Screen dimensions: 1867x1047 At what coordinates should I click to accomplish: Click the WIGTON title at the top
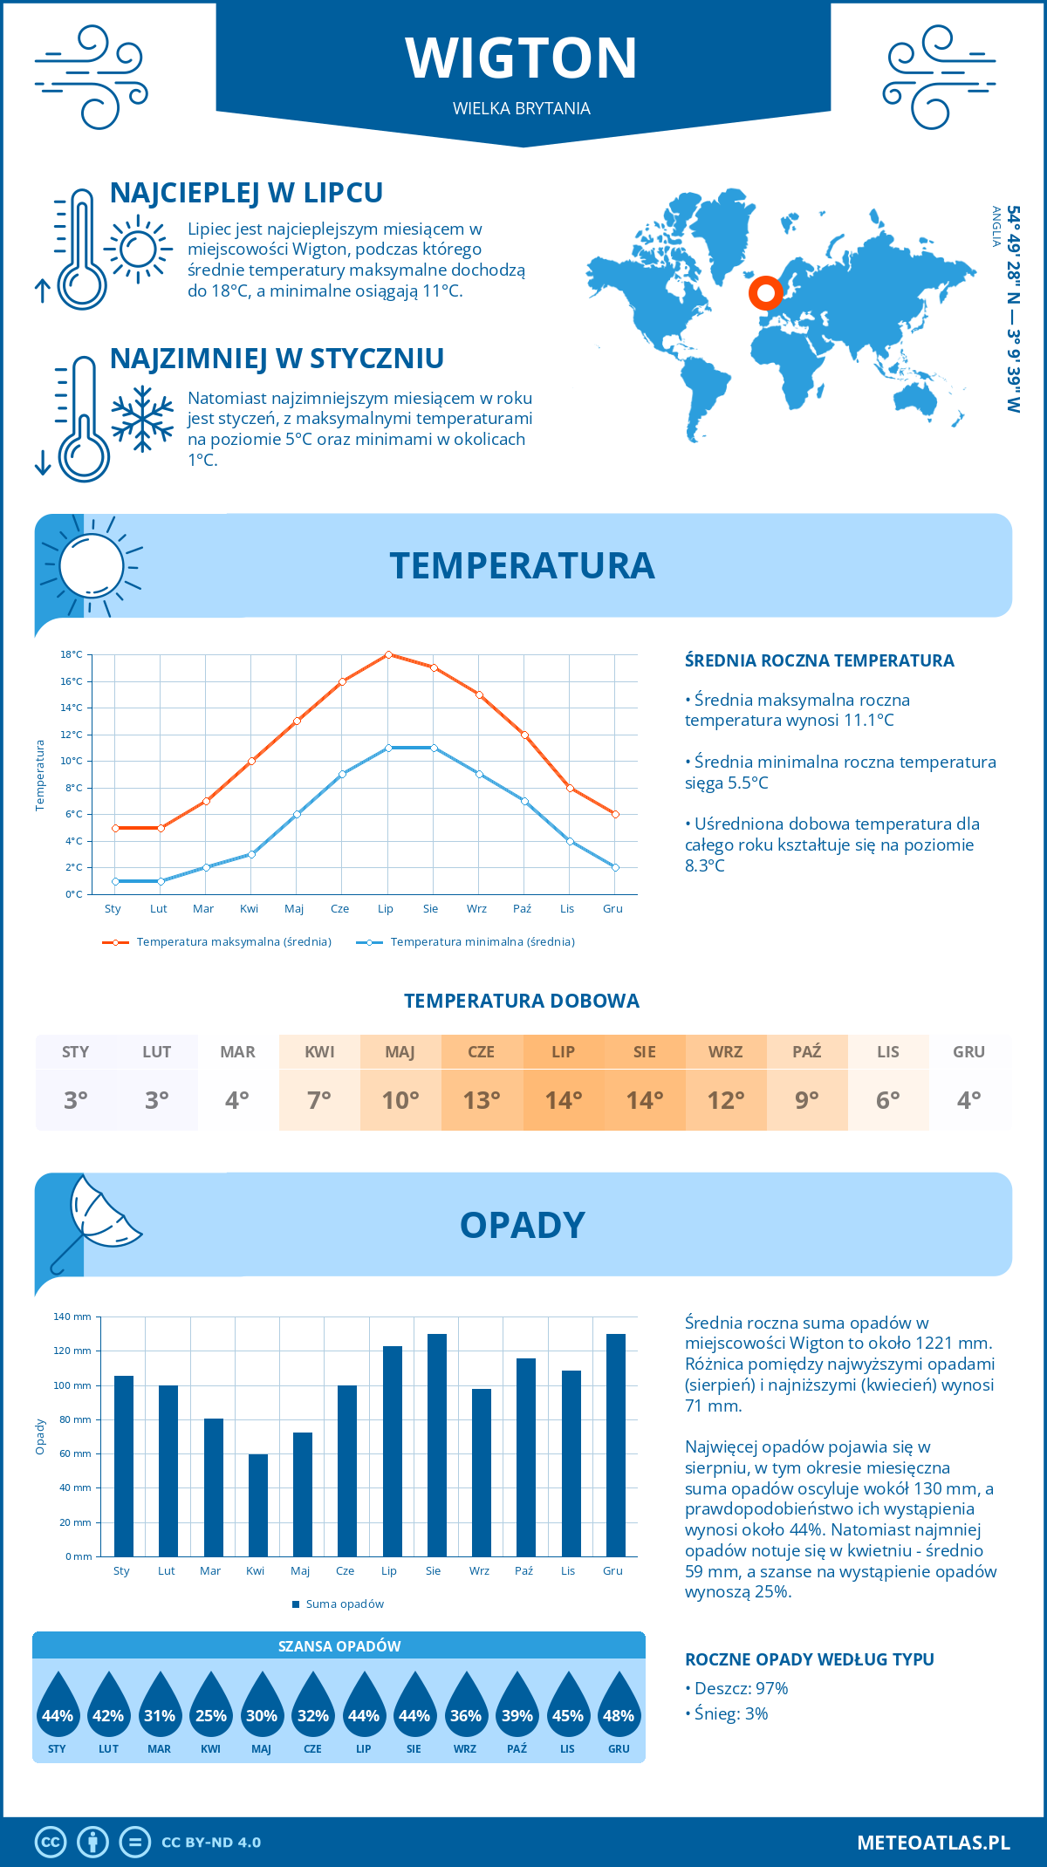pos(522,58)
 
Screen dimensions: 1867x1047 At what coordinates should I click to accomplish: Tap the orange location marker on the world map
pos(765,293)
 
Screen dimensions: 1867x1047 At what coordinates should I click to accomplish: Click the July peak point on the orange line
pos(388,654)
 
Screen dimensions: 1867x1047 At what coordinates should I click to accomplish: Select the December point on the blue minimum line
pos(615,867)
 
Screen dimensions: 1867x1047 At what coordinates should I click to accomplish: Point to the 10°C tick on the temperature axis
pos(72,761)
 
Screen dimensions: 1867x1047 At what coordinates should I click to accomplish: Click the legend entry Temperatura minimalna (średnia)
pos(482,942)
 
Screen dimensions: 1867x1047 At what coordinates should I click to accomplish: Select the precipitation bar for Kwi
pos(258,1505)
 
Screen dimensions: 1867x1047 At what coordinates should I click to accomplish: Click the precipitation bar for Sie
pos(436,1445)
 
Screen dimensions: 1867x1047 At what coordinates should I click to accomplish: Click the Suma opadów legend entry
pos(344,1604)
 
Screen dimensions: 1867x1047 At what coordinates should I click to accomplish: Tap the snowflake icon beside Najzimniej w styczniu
pos(142,420)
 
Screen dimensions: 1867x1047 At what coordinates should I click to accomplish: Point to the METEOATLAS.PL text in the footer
pos(933,1843)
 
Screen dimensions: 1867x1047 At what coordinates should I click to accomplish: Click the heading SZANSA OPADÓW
pos(339,1646)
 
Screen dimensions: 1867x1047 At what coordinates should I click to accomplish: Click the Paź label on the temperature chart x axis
pos(522,909)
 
